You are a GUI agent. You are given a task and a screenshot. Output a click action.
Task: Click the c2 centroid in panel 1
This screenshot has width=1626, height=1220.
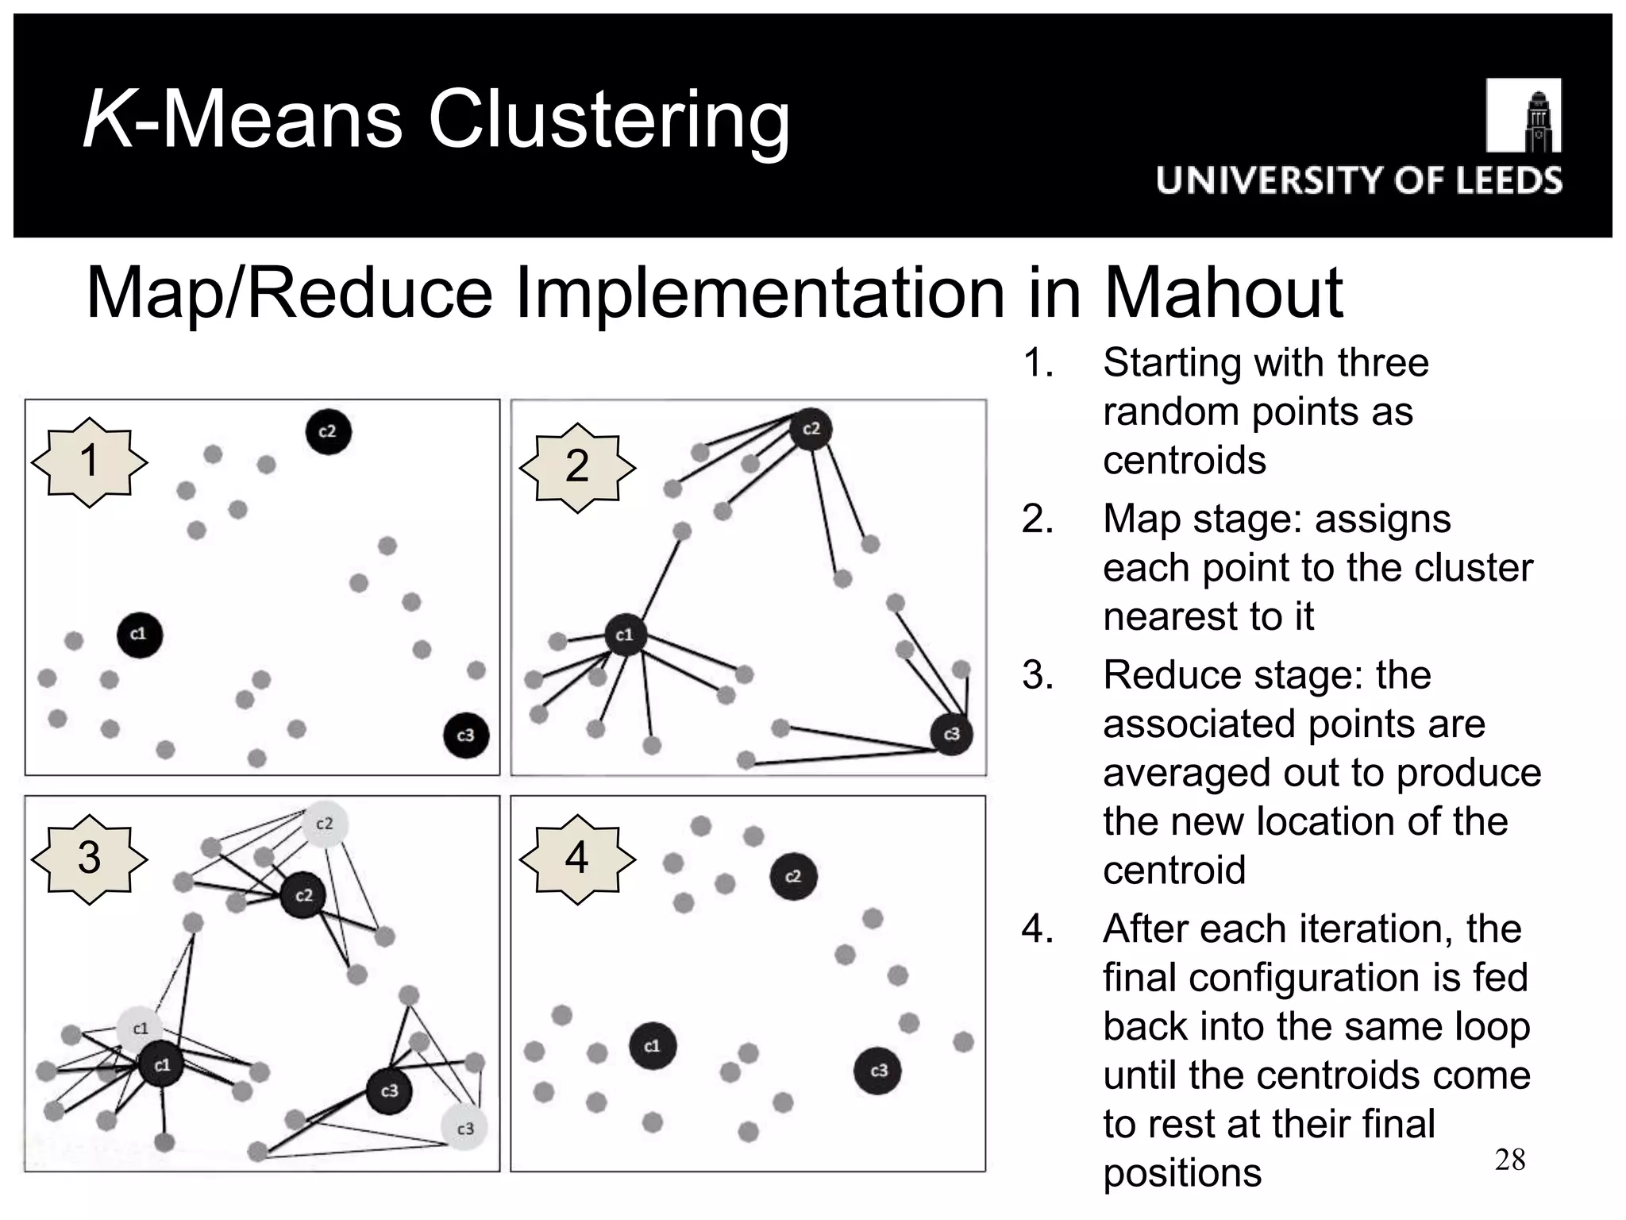click(328, 432)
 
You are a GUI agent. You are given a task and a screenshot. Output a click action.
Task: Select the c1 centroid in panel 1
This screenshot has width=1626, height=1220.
click(139, 635)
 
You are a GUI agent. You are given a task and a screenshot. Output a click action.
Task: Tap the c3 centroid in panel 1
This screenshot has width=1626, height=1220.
click(466, 735)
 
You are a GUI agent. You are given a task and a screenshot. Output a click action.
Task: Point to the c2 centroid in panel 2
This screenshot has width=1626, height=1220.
click(811, 430)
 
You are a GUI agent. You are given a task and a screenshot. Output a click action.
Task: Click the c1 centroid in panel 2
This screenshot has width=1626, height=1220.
click(625, 635)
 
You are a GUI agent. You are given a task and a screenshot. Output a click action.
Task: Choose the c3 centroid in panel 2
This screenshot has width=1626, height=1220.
click(952, 735)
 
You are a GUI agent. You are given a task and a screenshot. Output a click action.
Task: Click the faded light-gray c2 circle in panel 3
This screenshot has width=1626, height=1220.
click(325, 824)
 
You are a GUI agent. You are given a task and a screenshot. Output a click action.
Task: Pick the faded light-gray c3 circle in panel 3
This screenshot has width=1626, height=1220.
click(464, 1129)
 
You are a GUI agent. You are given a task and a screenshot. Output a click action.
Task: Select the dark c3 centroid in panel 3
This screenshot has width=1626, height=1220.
click(389, 1091)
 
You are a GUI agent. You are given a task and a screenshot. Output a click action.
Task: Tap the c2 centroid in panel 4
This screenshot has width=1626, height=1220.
click(793, 877)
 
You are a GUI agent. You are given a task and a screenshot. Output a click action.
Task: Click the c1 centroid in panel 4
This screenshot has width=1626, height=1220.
click(653, 1046)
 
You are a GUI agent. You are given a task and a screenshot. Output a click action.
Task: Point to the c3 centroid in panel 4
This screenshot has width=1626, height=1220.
click(877, 1071)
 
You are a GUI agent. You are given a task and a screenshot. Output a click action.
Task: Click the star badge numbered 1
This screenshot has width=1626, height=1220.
click(90, 461)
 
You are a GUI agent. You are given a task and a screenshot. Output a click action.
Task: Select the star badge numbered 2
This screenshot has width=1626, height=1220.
click(577, 466)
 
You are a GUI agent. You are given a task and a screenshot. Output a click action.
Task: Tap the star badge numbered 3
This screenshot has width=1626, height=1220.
click(90, 859)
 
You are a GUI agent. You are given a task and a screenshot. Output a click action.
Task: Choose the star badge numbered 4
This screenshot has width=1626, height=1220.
click(577, 859)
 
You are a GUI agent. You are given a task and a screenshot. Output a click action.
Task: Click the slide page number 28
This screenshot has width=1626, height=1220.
click(1510, 1160)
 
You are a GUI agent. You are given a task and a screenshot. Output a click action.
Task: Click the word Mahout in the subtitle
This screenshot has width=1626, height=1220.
click(1223, 293)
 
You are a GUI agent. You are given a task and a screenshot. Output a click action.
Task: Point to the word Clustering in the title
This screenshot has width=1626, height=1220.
click(609, 120)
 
